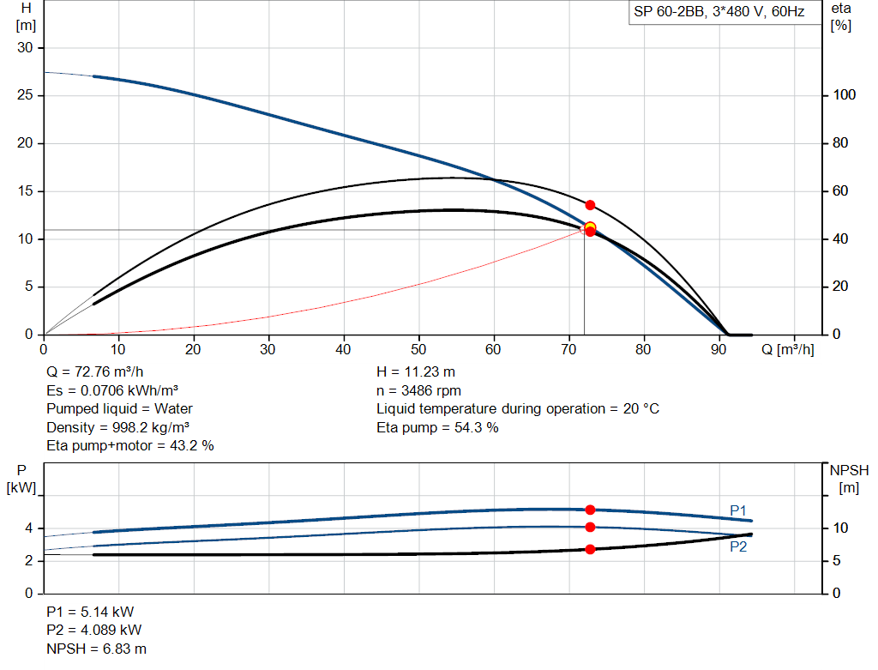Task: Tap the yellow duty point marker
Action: pyautogui.click(x=590, y=227)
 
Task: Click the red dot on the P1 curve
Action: pyautogui.click(x=590, y=510)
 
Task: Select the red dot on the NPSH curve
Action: pyautogui.click(x=590, y=549)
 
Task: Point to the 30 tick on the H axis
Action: pyautogui.click(x=26, y=47)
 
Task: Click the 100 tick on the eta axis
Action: pyautogui.click(x=845, y=95)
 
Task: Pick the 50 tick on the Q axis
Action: pyautogui.click(x=419, y=349)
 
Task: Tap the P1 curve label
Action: pyautogui.click(x=738, y=510)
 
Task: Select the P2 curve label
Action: pyautogui.click(x=738, y=546)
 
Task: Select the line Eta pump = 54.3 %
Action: pyautogui.click(x=437, y=427)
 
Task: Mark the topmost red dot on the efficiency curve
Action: pyautogui.click(x=590, y=205)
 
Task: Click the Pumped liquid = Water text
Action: pyautogui.click(x=119, y=408)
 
